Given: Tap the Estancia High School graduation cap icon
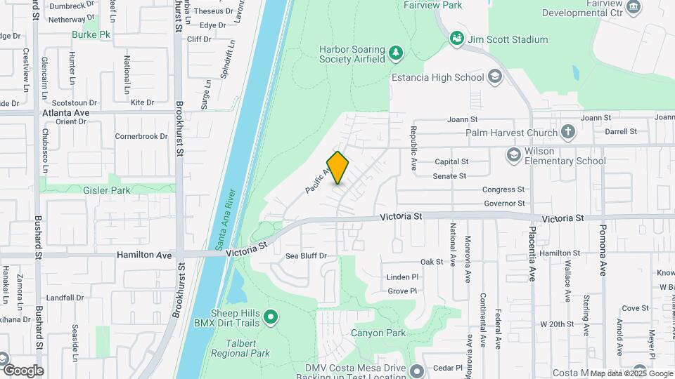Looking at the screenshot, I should [495, 77].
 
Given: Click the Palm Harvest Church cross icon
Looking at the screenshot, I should [568, 132].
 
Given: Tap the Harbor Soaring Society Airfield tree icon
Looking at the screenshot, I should [397, 53].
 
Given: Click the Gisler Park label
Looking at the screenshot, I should [110, 189].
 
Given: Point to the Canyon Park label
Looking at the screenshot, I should [378, 333].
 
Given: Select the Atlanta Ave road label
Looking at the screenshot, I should [66, 112].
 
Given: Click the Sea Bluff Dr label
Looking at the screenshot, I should [306, 256].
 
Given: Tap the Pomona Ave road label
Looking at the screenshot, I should [603, 251].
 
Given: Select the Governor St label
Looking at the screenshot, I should [505, 204].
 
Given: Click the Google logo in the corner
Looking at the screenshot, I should [23, 371].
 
